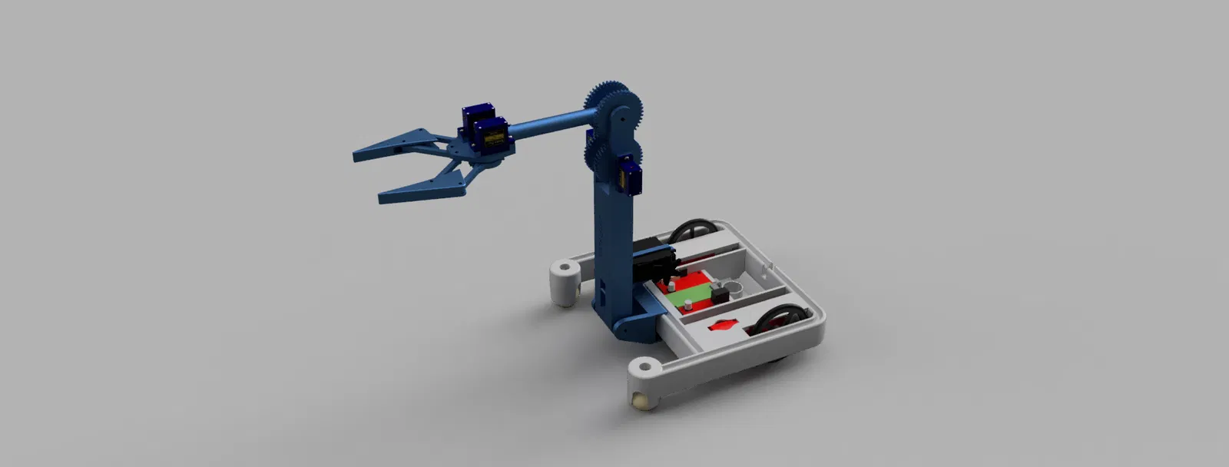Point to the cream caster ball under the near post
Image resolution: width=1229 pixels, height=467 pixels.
coord(639,401)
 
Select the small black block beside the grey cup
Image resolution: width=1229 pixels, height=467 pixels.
coord(721,296)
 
